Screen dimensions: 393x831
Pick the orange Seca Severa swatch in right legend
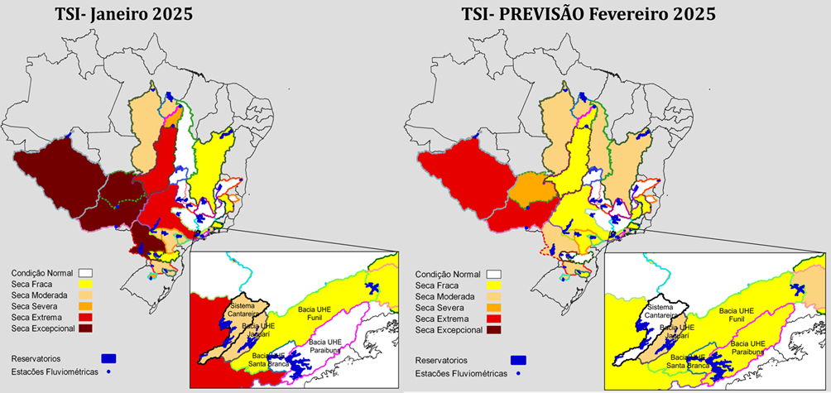[495, 307]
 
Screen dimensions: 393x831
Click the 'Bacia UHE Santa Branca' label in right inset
[675, 361]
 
